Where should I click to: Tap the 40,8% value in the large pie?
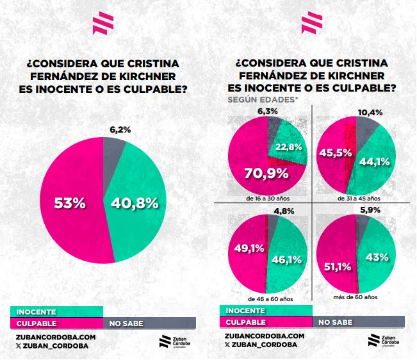135,203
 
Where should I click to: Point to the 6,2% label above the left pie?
120,129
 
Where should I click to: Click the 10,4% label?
371,113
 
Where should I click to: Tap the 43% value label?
377,258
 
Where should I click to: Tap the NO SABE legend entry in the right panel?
334,322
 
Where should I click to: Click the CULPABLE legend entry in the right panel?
247,322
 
